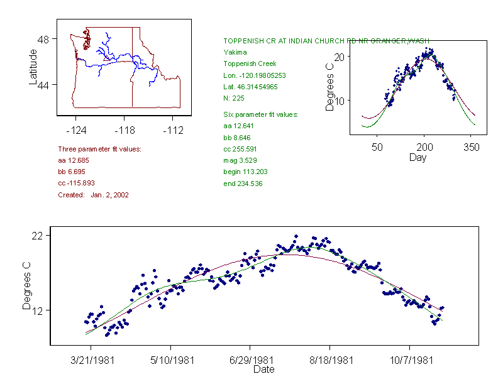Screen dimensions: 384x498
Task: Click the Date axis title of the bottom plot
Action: pos(264,370)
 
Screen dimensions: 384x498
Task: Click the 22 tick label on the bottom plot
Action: pos(40,236)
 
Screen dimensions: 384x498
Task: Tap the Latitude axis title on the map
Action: pos(33,67)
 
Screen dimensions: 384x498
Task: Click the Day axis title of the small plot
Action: pos(418,157)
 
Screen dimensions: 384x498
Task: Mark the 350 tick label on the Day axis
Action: pos(472,147)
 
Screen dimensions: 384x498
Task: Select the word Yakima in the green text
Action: pos(235,52)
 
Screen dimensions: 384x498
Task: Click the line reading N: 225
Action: pos(234,98)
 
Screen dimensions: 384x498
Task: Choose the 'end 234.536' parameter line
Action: pos(243,184)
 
